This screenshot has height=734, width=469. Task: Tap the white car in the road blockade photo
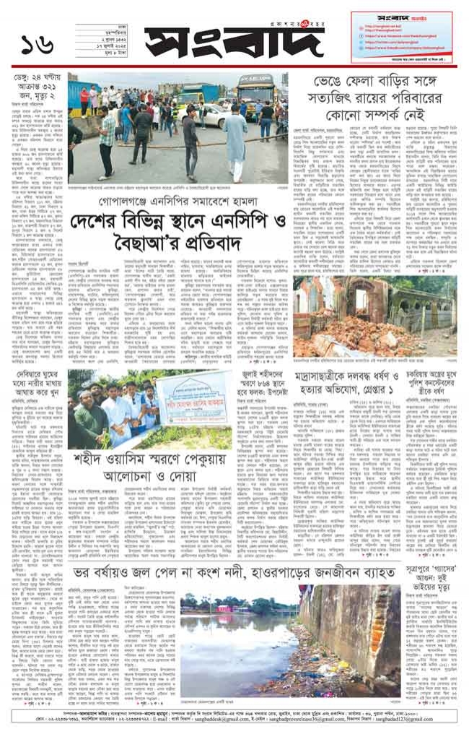(x=209, y=116)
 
